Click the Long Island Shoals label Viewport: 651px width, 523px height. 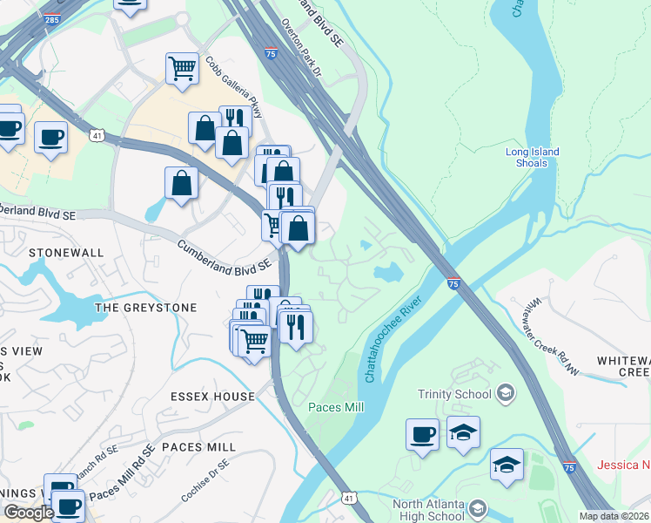coord(532,157)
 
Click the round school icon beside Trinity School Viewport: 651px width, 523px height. coord(504,394)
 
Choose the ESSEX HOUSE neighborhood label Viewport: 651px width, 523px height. coord(213,396)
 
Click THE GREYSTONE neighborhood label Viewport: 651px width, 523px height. coord(145,308)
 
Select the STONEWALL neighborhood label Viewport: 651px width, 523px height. coord(65,253)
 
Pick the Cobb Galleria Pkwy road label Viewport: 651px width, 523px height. coord(222,85)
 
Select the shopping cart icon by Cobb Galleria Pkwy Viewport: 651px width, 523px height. coord(182,67)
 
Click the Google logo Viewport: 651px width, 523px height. coord(29,513)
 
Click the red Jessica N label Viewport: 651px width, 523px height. coord(623,465)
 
